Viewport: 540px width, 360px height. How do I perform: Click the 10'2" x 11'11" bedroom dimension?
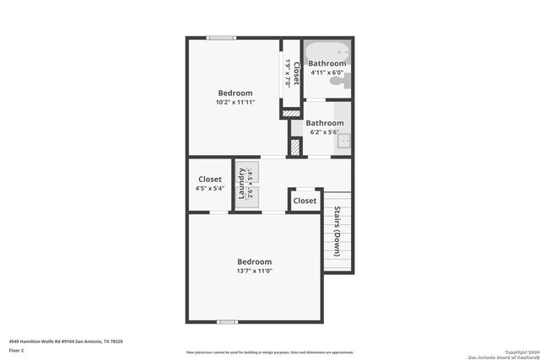click(x=235, y=103)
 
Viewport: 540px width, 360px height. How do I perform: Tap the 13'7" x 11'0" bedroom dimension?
click(x=254, y=271)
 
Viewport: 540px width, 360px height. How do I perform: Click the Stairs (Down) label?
click(x=337, y=231)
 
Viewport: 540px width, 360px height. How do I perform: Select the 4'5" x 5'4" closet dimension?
click(x=209, y=188)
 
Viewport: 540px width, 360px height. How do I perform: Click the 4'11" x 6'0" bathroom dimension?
click(x=326, y=73)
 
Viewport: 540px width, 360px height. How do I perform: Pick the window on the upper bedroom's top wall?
click(x=222, y=37)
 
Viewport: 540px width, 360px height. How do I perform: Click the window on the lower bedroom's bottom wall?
click(x=226, y=321)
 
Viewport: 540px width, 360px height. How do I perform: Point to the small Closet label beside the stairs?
click(x=305, y=201)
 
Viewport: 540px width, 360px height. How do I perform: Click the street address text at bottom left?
click(x=66, y=341)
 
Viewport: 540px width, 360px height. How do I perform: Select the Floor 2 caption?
click(x=17, y=350)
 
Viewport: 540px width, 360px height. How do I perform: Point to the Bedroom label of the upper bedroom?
click(x=235, y=93)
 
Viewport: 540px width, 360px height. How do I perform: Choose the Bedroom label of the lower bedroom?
click(x=254, y=261)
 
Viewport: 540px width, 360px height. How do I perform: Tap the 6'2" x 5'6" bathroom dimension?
click(x=325, y=132)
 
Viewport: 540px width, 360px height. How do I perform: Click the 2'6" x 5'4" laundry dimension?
click(x=251, y=183)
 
